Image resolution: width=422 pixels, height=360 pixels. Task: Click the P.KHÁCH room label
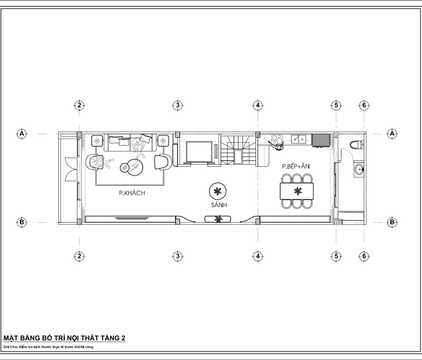click(x=132, y=193)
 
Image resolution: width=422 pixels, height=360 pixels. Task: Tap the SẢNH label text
click(x=219, y=205)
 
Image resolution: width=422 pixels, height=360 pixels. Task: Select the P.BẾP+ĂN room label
click(x=296, y=166)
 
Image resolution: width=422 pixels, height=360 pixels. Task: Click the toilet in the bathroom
click(x=357, y=145)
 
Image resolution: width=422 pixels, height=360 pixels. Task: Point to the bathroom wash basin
click(x=359, y=169)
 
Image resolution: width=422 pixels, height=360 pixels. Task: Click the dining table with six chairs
click(x=297, y=191)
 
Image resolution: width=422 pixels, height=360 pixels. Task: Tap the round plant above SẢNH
click(x=218, y=191)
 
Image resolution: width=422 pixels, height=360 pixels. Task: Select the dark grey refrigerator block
click(x=321, y=140)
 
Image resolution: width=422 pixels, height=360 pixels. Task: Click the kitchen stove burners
click(x=277, y=139)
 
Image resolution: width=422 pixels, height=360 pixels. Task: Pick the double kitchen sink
click(x=299, y=139)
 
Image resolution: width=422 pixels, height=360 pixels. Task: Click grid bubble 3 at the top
click(x=177, y=105)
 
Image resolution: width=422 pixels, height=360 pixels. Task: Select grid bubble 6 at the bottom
click(x=364, y=256)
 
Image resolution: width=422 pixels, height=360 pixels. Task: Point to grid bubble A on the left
click(x=22, y=133)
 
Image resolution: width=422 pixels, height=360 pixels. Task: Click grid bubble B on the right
click(x=392, y=222)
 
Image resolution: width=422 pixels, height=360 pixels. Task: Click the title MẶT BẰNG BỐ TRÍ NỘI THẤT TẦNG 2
click(x=64, y=338)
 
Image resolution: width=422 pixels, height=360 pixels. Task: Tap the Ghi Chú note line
click(x=49, y=347)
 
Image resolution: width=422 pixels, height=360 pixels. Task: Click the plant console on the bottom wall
click(x=218, y=219)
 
